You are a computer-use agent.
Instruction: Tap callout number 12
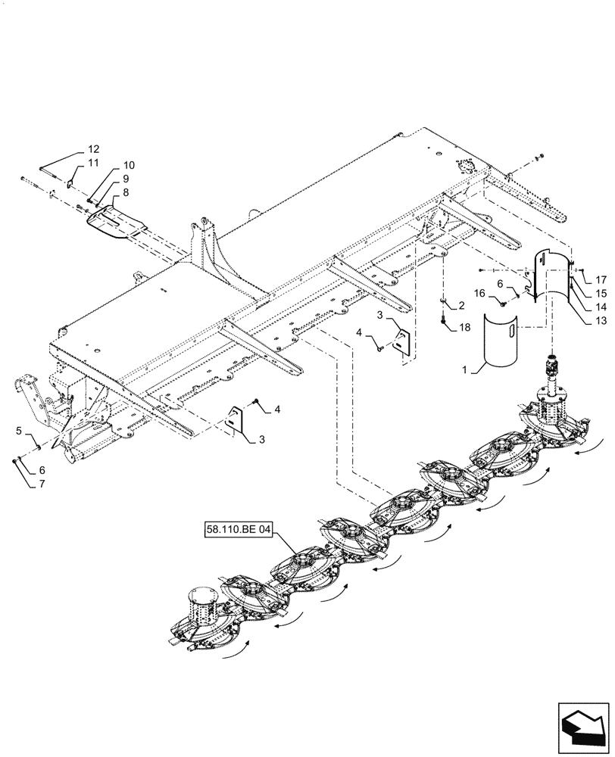coord(93,149)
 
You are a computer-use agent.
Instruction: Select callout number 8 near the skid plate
coord(125,192)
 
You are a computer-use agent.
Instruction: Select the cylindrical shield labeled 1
coord(500,341)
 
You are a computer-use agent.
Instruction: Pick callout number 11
coord(92,163)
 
